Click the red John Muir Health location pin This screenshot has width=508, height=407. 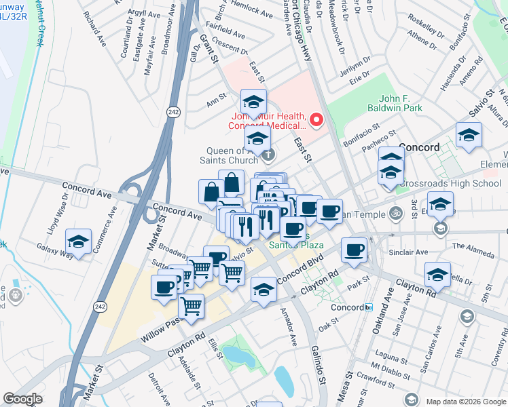coord(316,120)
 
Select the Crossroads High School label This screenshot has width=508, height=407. coord(441,183)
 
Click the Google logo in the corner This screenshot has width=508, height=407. coord(23,399)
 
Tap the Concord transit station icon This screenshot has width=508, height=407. coord(369,307)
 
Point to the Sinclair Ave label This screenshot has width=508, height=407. coord(408,252)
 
